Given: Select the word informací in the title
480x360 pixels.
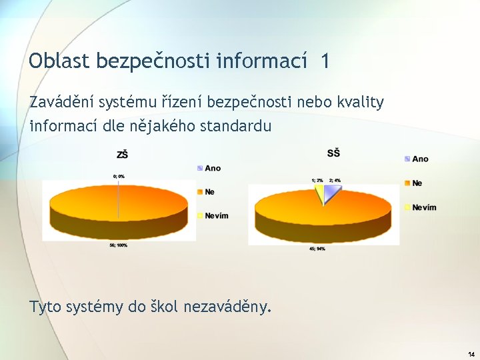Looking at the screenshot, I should click(x=262, y=61).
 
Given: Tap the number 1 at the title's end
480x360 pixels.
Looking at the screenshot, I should click(x=324, y=61).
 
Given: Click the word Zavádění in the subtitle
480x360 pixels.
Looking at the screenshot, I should click(x=61, y=102).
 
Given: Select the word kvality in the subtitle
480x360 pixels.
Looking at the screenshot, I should click(x=359, y=102).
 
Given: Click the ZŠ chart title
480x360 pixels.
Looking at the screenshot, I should click(x=122, y=154).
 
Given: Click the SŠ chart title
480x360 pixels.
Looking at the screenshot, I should click(x=333, y=153).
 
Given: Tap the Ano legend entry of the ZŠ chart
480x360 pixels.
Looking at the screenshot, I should click(x=213, y=168).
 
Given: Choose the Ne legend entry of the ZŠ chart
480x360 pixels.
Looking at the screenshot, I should click(x=209, y=191).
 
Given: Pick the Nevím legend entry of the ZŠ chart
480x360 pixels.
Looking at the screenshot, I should click(x=216, y=215).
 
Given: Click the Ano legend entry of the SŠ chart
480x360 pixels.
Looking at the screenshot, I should click(x=420, y=159).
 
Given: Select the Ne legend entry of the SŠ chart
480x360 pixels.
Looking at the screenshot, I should click(x=417, y=183).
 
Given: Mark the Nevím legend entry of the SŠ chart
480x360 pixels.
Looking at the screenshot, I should click(x=423, y=207).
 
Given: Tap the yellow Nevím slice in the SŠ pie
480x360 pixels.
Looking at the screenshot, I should click(x=320, y=193).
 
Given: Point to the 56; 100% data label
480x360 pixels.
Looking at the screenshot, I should click(x=119, y=245).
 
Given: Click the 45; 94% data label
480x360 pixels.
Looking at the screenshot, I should click(x=317, y=249).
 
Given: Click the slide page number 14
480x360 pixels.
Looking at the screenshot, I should click(x=471, y=354).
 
